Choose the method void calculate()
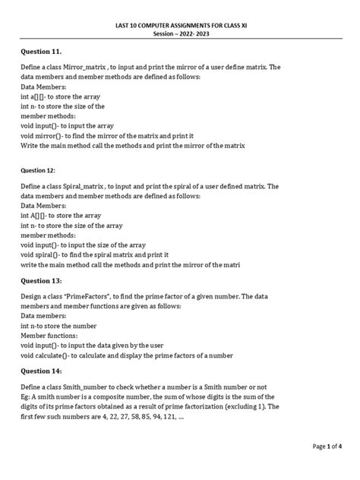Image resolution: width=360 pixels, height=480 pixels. point(50,355)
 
